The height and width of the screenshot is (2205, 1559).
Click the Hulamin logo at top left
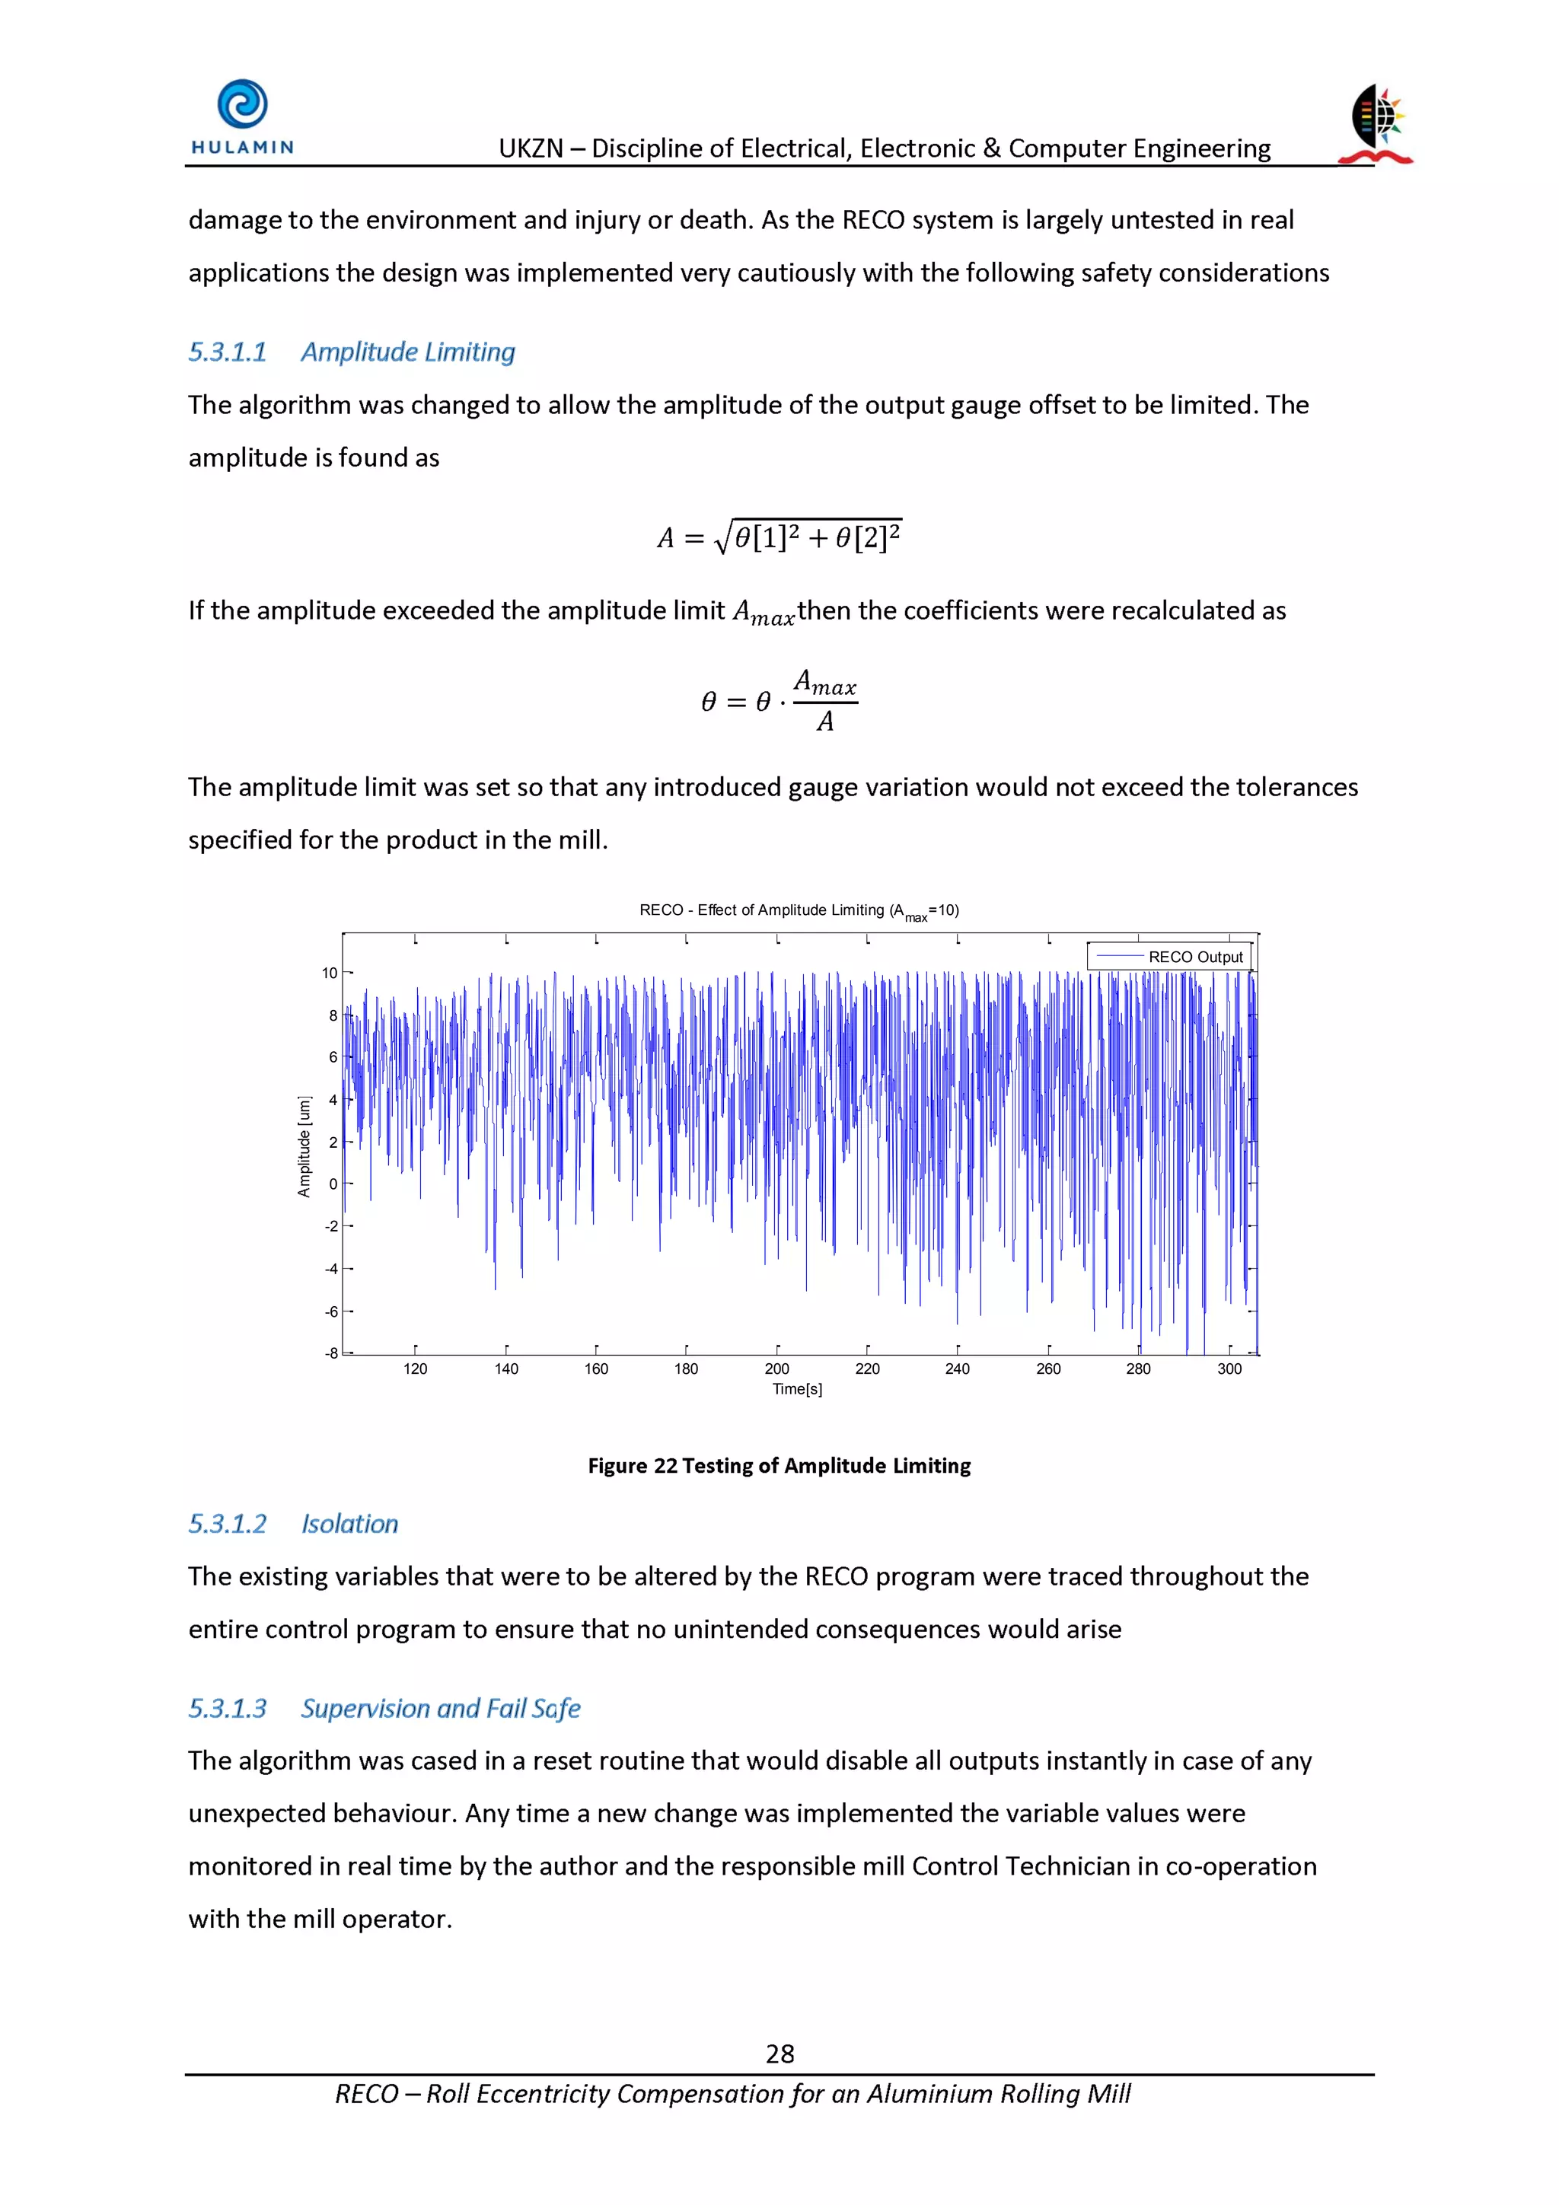(242, 116)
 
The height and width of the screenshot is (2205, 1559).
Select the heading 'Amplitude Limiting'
(407, 352)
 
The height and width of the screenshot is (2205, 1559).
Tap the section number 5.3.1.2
(227, 1523)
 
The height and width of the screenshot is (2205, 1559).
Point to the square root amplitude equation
(779, 536)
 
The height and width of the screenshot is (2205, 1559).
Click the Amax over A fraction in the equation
(824, 701)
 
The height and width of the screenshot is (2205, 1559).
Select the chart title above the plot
(799, 910)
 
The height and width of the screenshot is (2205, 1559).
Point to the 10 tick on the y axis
(330, 973)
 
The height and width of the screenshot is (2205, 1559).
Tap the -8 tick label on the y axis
(330, 1353)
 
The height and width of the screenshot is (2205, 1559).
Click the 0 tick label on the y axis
(333, 1184)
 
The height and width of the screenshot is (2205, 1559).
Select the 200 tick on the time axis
(776, 1369)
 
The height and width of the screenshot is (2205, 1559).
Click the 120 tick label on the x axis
(415, 1369)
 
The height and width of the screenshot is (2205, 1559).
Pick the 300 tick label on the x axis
(1229, 1369)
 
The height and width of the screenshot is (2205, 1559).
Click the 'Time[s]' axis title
(796, 1389)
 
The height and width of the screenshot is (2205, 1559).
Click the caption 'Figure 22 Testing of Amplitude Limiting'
(779, 1464)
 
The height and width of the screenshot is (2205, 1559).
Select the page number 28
(779, 2054)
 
